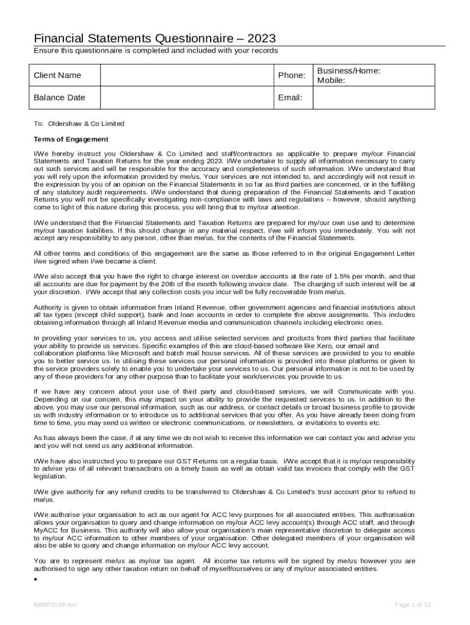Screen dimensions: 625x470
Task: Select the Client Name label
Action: coord(57,75)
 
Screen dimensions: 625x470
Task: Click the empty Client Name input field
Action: coord(187,75)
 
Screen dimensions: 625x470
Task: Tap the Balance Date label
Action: coord(59,98)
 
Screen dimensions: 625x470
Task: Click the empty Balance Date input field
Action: coord(187,98)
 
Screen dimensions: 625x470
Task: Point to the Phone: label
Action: coord(291,75)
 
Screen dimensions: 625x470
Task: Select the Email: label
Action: coord(290,98)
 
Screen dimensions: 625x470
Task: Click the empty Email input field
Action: coord(374,98)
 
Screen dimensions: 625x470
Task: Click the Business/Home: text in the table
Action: coord(349,71)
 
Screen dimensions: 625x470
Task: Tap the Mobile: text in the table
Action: coord(331,80)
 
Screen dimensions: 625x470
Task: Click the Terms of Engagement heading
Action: coord(71,139)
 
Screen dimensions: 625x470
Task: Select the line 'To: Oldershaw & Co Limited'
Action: coord(79,123)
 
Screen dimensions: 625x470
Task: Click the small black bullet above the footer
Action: coord(36,579)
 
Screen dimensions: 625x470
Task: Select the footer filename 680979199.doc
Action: coord(56,605)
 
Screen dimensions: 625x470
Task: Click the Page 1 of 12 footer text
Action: coord(413,605)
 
